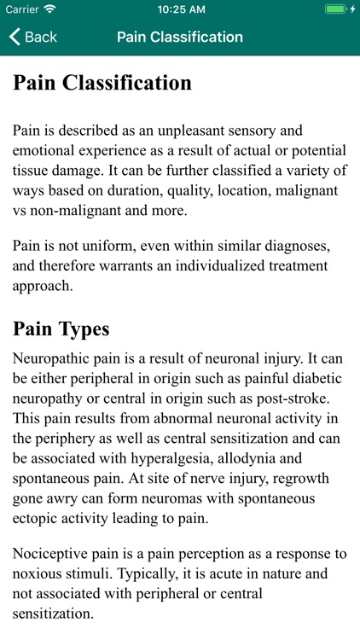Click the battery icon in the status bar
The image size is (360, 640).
pos(335,9)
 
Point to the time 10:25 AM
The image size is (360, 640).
pos(179,9)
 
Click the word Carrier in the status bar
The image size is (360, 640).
pos(23,9)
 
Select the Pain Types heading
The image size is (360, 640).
pos(61,329)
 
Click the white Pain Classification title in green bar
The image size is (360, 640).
pos(179,38)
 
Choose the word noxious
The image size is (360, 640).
pos(38,573)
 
